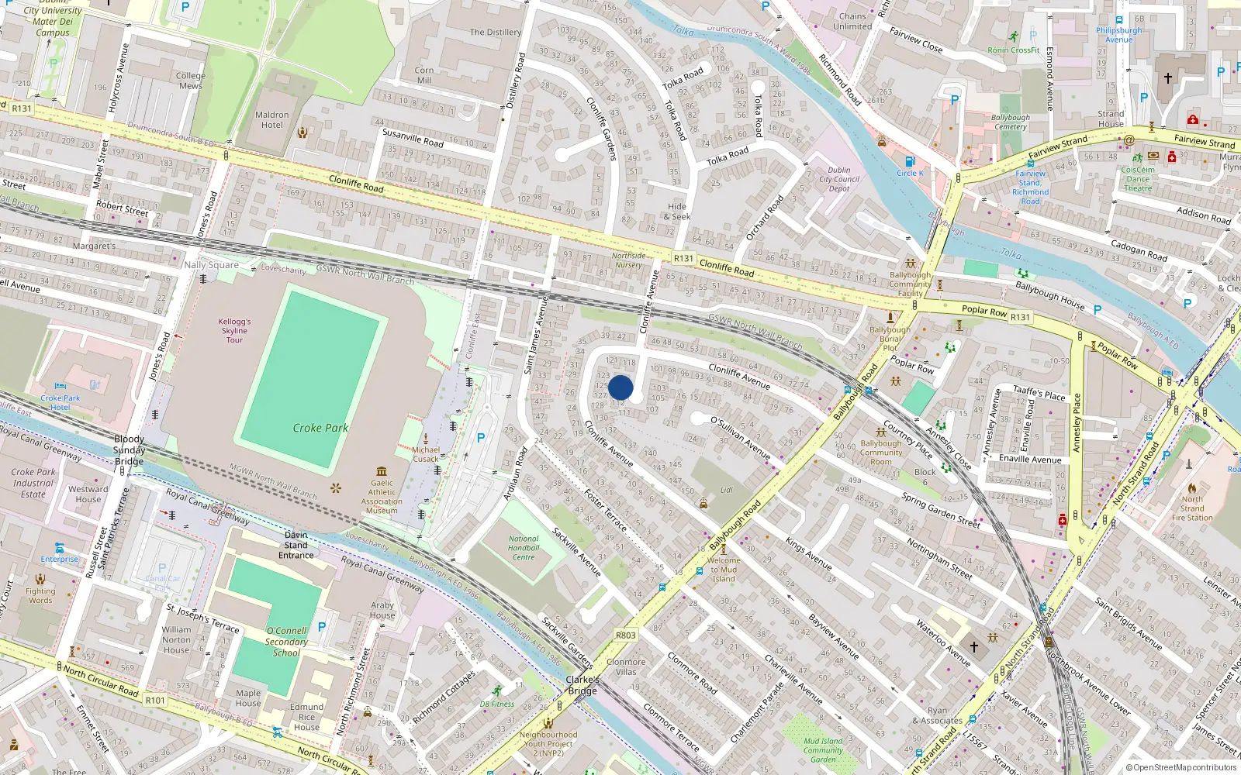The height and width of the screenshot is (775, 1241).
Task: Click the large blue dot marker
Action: (620, 387)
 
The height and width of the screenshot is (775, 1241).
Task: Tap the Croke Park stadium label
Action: (320, 428)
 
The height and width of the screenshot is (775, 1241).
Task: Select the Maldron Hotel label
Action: (271, 120)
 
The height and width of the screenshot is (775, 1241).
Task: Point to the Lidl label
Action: (727, 490)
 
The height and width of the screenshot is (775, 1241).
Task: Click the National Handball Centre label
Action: (524, 548)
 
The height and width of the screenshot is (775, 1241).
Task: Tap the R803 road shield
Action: (625, 635)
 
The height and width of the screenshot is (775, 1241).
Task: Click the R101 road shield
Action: (155, 700)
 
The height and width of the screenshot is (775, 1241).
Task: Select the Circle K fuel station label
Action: (910, 173)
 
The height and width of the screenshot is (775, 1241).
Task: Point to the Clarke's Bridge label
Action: (582, 685)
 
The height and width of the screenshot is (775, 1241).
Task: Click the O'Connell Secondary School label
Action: (286, 642)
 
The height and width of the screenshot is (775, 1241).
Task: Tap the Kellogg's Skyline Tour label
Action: (234, 330)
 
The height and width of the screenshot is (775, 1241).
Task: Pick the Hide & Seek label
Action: (677, 212)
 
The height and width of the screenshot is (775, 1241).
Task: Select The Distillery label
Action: (495, 33)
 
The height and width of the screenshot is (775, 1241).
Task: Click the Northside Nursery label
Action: (628, 260)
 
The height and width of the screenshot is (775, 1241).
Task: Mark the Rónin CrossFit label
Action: (1014, 50)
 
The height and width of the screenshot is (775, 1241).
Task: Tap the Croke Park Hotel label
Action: (60, 402)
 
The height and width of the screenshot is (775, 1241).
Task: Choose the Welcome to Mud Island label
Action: (724, 570)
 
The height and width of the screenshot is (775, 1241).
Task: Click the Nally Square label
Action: (211, 265)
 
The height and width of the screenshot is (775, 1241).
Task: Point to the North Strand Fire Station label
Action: (1192, 508)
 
